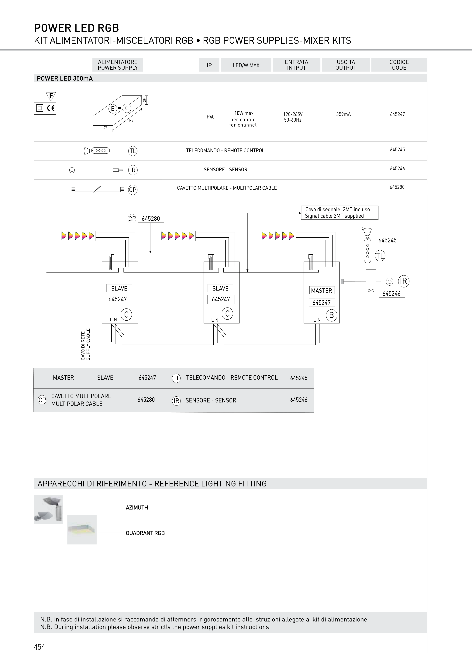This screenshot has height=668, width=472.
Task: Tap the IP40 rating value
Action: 210,117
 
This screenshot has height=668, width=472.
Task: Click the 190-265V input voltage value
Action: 293,114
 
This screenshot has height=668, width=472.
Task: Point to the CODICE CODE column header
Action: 399,65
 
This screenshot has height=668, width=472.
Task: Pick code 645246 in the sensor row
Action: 397,169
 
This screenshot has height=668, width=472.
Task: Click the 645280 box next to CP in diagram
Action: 151,218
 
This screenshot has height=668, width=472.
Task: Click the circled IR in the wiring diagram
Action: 403,281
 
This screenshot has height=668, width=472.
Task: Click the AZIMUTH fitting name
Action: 137,508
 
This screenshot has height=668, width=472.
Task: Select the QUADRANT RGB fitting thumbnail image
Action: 82,530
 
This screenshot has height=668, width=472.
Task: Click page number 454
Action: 39,647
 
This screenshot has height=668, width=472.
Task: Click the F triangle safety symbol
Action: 51,96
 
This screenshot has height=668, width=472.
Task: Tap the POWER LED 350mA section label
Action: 65,78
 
